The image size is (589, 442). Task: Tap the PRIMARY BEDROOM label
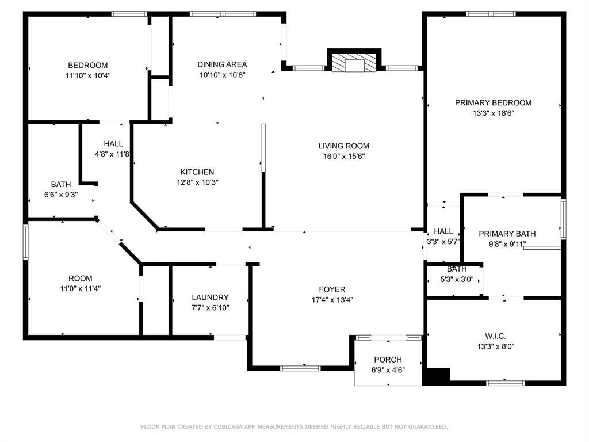(x=493, y=103)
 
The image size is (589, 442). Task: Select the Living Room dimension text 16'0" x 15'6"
(x=344, y=156)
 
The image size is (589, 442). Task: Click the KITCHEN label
(x=197, y=172)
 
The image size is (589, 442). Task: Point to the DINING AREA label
(x=222, y=64)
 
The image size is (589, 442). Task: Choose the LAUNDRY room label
(x=210, y=298)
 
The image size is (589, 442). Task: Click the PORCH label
(x=388, y=360)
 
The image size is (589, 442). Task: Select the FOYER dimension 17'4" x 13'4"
(x=332, y=299)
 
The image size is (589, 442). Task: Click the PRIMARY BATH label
(x=507, y=234)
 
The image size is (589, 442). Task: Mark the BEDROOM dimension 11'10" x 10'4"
(x=87, y=75)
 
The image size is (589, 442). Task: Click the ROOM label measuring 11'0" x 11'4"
(x=80, y=279)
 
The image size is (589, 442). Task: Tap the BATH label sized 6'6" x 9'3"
(x=61, y=185)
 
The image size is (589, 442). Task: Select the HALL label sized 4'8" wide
(x=113, y=144)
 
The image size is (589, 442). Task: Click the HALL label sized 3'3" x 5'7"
(x=443, y=231)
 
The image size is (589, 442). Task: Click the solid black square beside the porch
(x=436, y=376)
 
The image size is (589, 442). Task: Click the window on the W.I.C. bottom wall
(x=505, y=383)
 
